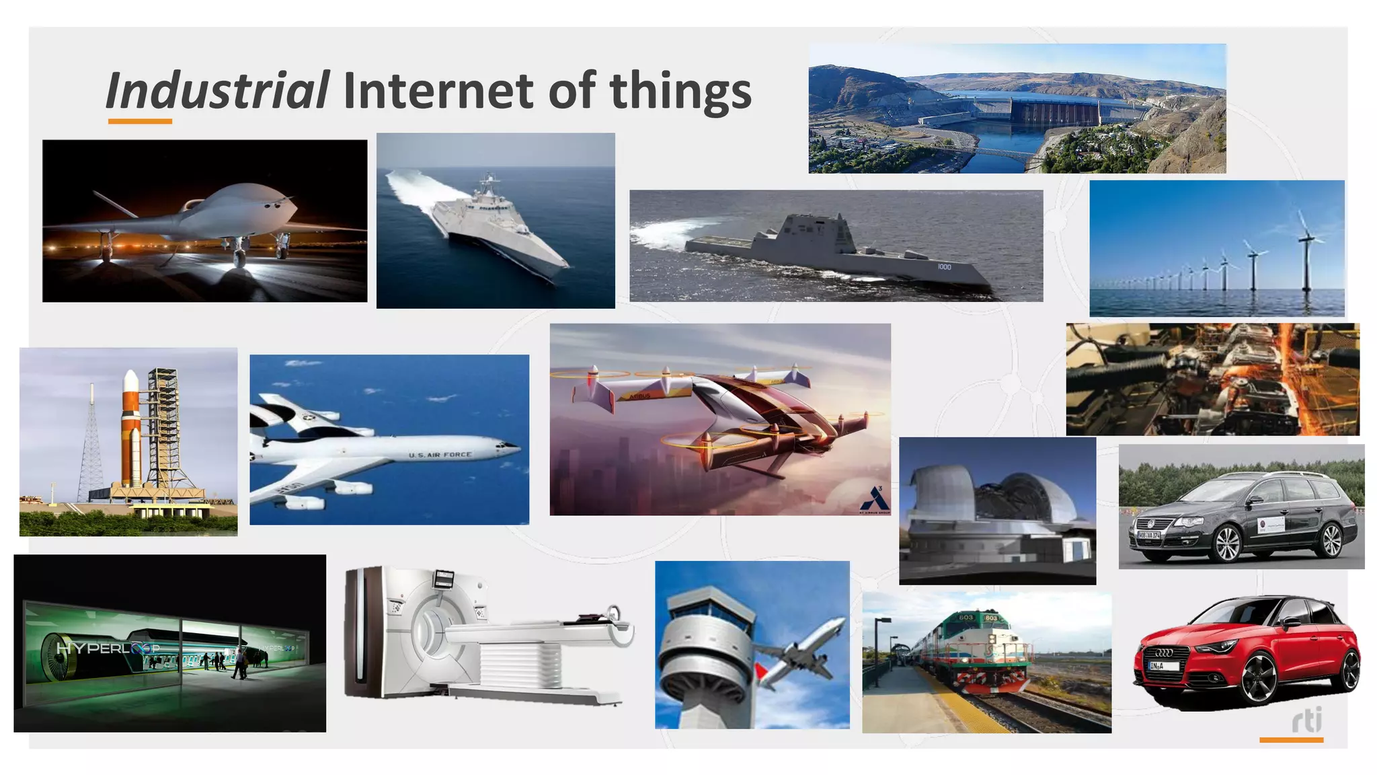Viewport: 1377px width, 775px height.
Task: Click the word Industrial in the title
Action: (217, 91)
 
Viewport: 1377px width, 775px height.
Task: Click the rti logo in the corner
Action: (1306, 720)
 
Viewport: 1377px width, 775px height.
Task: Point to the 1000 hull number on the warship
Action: (944, 267)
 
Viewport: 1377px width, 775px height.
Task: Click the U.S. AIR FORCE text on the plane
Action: (440, 455)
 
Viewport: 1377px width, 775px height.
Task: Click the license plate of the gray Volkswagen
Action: (1148, 536)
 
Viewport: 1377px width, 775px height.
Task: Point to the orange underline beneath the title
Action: (140, 122)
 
